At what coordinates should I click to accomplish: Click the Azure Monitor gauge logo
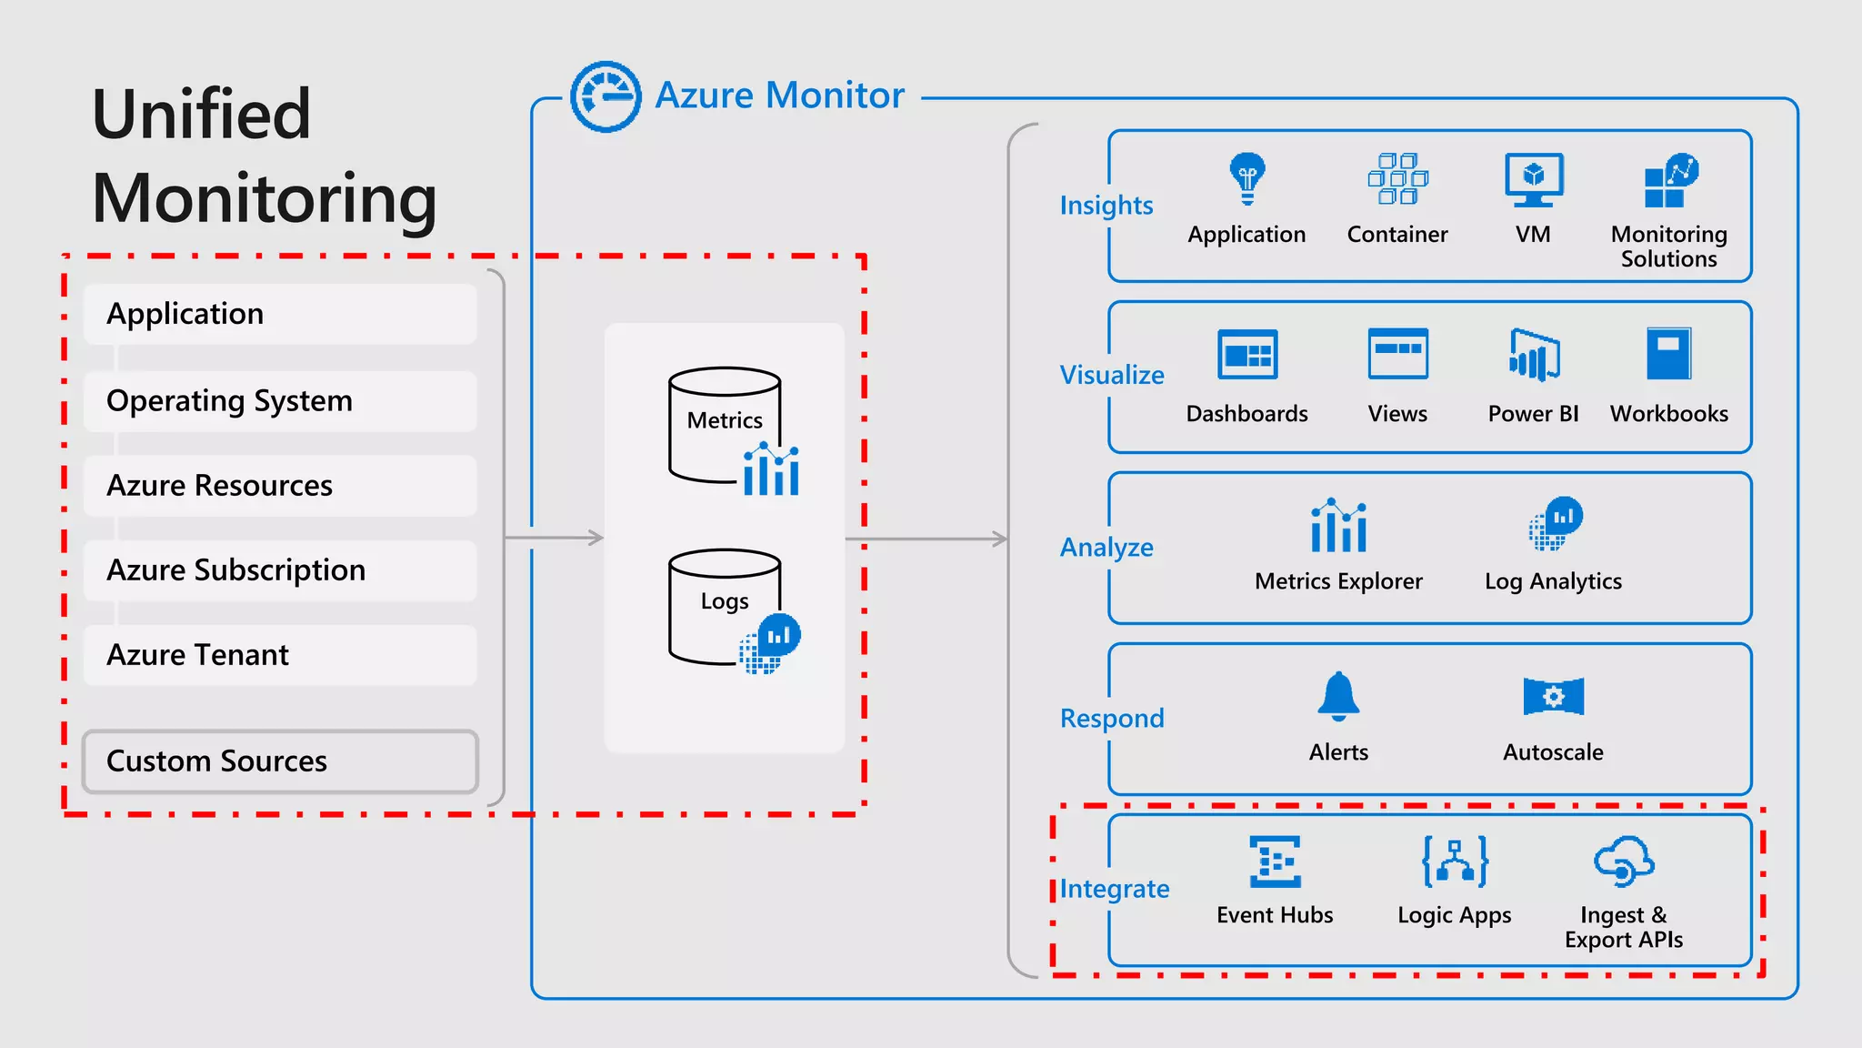(x=606, y=96)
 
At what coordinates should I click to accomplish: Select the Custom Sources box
(x=280, y=761)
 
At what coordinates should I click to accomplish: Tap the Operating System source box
(x=280, y=401)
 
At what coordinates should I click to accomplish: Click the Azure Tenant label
(x=197, y=655)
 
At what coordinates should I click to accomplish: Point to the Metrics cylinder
(x=725, y=423)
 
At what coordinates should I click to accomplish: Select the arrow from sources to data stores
(x=555, y=538)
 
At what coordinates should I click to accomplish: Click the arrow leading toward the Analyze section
(x=927, y=539)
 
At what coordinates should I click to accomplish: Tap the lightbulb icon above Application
(x=1247, y=177)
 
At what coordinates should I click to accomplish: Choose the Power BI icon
(x=1534, y=355)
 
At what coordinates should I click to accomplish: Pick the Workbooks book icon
(x=1668, y=353)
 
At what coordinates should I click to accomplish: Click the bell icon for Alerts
(x=1338, y=696)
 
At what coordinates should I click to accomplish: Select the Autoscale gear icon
(x=1553, y=697)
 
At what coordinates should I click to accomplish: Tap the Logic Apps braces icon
(x=1455, y=861)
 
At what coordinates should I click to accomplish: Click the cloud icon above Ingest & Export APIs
(x=1623, y=861)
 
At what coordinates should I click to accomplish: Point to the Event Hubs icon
(x=1275, y=861)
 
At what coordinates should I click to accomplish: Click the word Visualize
(x=1111, y=375)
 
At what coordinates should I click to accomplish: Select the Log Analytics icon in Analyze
(x=1555, y=524)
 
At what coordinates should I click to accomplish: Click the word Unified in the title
(x=202, y=115)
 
